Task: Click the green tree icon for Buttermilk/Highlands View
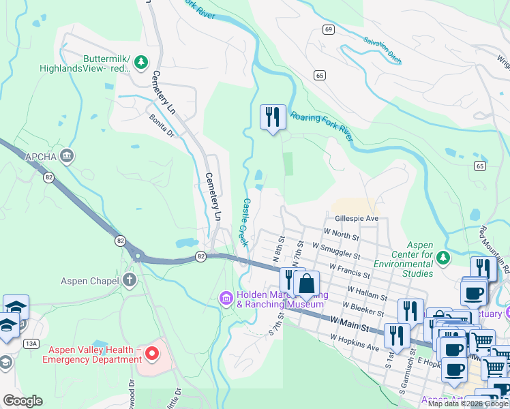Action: tap(141, 63)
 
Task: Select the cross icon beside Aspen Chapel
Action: tap(130, 281)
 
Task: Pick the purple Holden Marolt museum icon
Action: tap(226, 298)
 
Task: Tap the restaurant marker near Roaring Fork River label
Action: tap(273, 117)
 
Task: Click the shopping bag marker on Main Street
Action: tap(307, 284)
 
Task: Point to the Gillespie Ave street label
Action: tap(356, 219)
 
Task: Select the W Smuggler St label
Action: tap(336, 249)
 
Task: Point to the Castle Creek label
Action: tap(244, 218)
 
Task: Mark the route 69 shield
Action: tap(329, 29)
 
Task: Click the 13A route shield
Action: tap(31, 344)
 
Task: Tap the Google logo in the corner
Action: tap(22, 400)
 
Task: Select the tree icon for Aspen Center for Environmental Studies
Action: tap(443, 257)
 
